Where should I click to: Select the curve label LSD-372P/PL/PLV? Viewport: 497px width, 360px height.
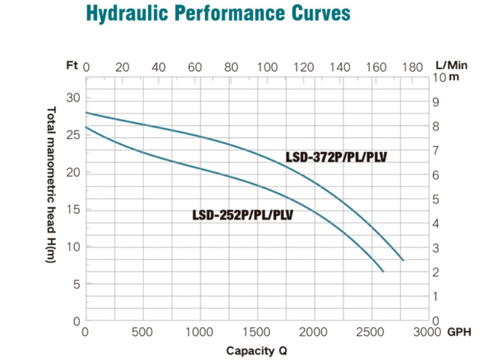click(337, 157)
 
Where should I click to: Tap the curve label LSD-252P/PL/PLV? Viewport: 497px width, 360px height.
click(243, 215)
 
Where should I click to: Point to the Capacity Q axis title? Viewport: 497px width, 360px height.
click(256, 351)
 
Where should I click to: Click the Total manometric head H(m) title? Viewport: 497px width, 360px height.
click(51, 185)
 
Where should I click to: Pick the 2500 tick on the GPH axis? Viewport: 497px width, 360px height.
click(371, 332)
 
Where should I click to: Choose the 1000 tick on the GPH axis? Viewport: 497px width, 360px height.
click(200, 332)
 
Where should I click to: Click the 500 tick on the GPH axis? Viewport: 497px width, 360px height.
click(142, 332)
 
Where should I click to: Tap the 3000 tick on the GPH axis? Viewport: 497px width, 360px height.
click(428, 332)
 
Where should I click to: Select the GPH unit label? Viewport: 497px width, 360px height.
click(459, 332)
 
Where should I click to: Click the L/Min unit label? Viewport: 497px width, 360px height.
click(451, 66)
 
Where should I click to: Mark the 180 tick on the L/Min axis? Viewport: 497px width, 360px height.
click(412, 66)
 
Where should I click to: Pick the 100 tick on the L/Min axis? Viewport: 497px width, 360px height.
click(267, 66)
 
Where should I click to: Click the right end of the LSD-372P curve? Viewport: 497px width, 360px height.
click(403, 260)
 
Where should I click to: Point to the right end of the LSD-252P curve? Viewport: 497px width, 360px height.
click(383, 271)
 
